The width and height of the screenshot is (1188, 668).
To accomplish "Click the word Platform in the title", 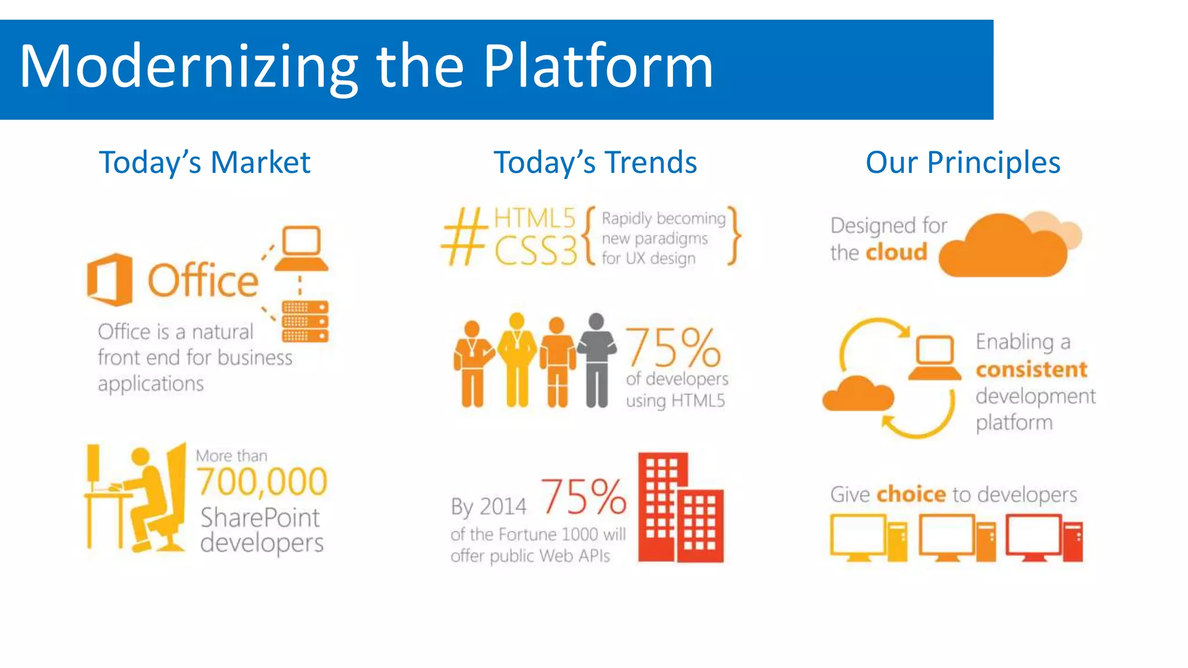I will pyautogui.click(x=597, y=67).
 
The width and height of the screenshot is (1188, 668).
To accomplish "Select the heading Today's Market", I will pyautogui.click(x=205, y=162).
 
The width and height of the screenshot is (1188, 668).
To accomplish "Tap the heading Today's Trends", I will pyautogui.click(x=595, y=162).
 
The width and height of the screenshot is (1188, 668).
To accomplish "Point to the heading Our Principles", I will pyautogui.click(x=963, y=162).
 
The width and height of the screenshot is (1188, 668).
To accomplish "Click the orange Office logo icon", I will pyautogui.click(x=110, y=279).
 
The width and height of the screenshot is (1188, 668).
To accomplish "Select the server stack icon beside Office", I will pyautogui.click(x=305, y=321).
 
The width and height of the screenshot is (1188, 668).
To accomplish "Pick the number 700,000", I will pyautogui.click(x=262, y=481).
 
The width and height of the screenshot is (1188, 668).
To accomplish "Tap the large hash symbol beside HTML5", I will pyautogui.click(x=463, y=237).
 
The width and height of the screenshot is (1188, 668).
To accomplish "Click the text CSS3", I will pyautogui.click(x=535, y=251).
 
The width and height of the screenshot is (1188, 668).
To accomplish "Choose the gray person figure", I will pyautogui.click(x=596, y=360).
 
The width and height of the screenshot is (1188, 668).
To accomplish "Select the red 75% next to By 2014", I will pyautogui.click(x=584, y=497).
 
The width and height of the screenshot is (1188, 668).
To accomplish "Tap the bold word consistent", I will pyautogui.click(x=1031, y=369).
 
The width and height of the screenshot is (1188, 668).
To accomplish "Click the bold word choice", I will pyautogui.click(x=911, y=494).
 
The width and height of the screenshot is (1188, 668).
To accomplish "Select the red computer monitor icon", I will pyautogui.click(x=1034, y=536).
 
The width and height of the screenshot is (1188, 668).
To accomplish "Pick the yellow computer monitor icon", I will pyautogui.click(x=857, y=536).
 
